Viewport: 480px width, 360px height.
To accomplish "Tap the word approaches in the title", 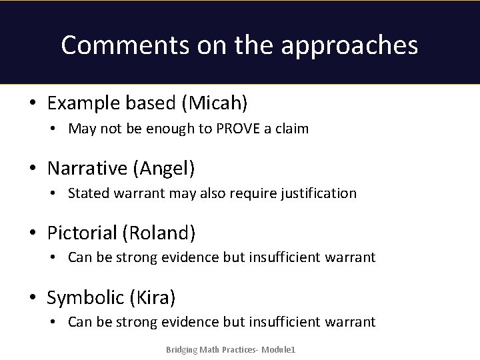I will pyautogui.click(x=349, y=45).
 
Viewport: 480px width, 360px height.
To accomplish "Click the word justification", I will pyautogui.click(x=319, y=193).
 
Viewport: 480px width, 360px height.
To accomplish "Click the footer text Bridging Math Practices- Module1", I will pyautogui.click(x=231, y=350).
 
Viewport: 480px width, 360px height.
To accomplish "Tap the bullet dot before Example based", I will pyautogui.click(x=32, y=104).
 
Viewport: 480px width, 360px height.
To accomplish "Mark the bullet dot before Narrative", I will pyautogui.click(x=32, y=169).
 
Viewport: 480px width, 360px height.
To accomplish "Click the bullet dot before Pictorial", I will pyautogui.click(x=32, y=233).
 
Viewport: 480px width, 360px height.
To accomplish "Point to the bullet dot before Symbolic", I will pyautogui.click(x=32, y=298).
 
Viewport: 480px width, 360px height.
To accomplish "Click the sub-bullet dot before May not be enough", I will pyautogui.click(x=53, y=129).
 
